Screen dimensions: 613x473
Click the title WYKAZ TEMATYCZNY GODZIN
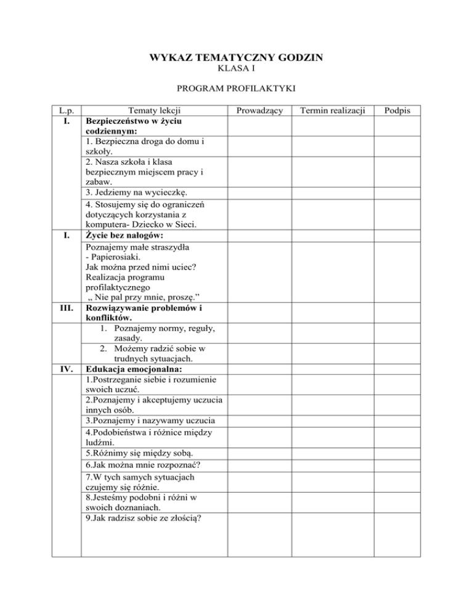pos(236,59)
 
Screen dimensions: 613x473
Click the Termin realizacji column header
pos(332,110)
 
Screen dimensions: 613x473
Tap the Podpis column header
pos(397,110)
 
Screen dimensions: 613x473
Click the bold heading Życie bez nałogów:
pos(129,236)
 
